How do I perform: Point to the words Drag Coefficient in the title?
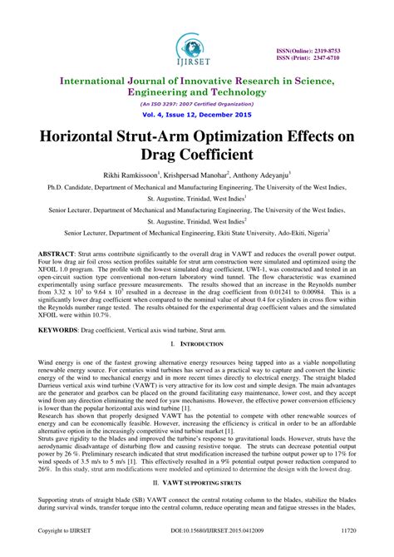[x=197, y=155]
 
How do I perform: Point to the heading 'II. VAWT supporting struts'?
[x=196, y=481]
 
